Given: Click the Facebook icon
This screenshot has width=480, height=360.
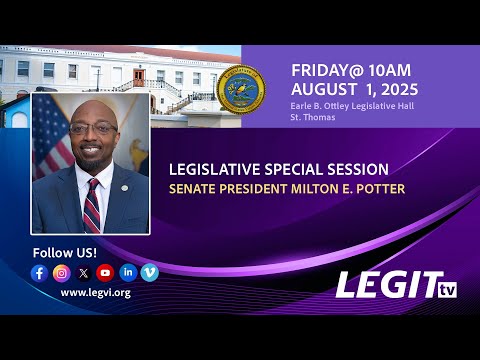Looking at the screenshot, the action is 39,273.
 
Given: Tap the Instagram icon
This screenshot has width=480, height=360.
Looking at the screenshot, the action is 62,273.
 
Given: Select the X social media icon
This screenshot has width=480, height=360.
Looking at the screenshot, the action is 83,273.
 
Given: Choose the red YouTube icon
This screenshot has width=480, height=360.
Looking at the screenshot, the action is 105,273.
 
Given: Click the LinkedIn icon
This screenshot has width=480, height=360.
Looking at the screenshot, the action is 128,272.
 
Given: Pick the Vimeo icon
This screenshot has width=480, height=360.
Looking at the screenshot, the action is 150,273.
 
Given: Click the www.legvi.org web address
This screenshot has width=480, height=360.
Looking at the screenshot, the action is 96,293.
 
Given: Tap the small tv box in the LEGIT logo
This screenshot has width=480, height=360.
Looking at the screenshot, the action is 447,290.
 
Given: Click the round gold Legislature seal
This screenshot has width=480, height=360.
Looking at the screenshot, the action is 241,89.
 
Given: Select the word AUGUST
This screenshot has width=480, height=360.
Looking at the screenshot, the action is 324,89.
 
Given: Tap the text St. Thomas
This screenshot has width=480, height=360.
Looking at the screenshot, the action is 313,117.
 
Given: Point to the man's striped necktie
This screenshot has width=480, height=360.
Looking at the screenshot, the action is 92,206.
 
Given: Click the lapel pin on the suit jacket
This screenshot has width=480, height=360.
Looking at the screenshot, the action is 124,188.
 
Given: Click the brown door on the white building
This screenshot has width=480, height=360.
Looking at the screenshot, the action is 139,78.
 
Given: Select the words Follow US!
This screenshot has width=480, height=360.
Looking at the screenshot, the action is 65,253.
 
